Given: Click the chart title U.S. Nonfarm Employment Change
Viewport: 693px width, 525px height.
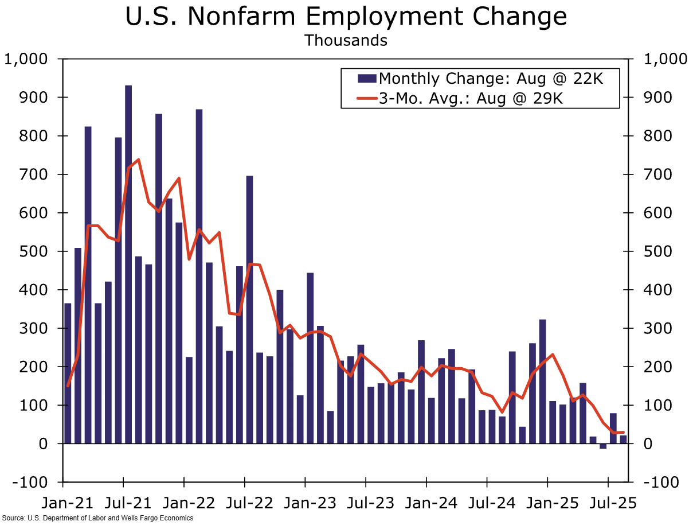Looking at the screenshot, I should tap(346, 17).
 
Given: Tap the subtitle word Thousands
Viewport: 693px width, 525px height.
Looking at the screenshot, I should tap(346, 41).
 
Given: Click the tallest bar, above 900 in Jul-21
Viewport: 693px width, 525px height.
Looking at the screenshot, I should tap(128, 264).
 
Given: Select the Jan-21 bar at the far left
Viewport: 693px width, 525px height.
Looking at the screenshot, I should tap(68, 373).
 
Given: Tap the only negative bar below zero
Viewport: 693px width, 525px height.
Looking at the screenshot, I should tap(603, 446).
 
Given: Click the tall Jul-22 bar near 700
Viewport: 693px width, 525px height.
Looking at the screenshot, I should tap(249, 309).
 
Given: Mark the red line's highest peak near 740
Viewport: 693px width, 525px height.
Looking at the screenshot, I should tap(138, 160).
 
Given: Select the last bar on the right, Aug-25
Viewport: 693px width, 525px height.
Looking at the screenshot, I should tap(623, 439).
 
